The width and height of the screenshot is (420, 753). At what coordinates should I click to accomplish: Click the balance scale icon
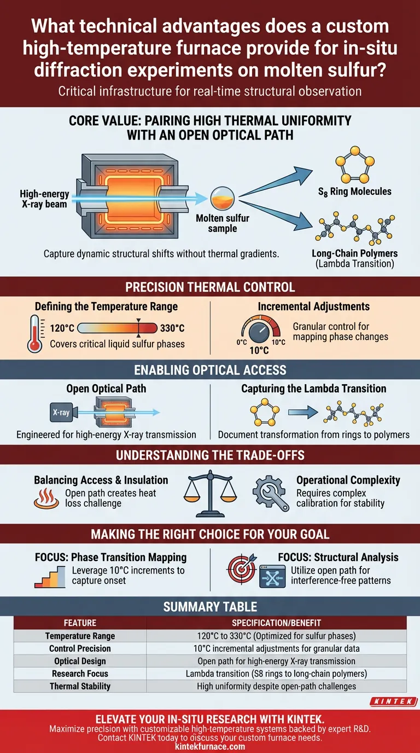[209, 491]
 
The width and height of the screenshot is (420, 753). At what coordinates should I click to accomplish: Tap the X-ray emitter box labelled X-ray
[61, 413]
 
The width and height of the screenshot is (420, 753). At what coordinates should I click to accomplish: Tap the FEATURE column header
[80, 623]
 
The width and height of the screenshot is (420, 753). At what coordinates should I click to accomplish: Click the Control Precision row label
[80, 648]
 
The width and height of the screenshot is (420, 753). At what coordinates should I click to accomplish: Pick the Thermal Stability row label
[80, 686]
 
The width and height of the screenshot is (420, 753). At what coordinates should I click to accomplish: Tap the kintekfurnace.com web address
[210, 746]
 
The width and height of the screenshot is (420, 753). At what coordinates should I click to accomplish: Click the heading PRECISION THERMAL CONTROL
[210, 287]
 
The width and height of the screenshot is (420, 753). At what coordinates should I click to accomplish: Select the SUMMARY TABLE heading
[210, 607]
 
